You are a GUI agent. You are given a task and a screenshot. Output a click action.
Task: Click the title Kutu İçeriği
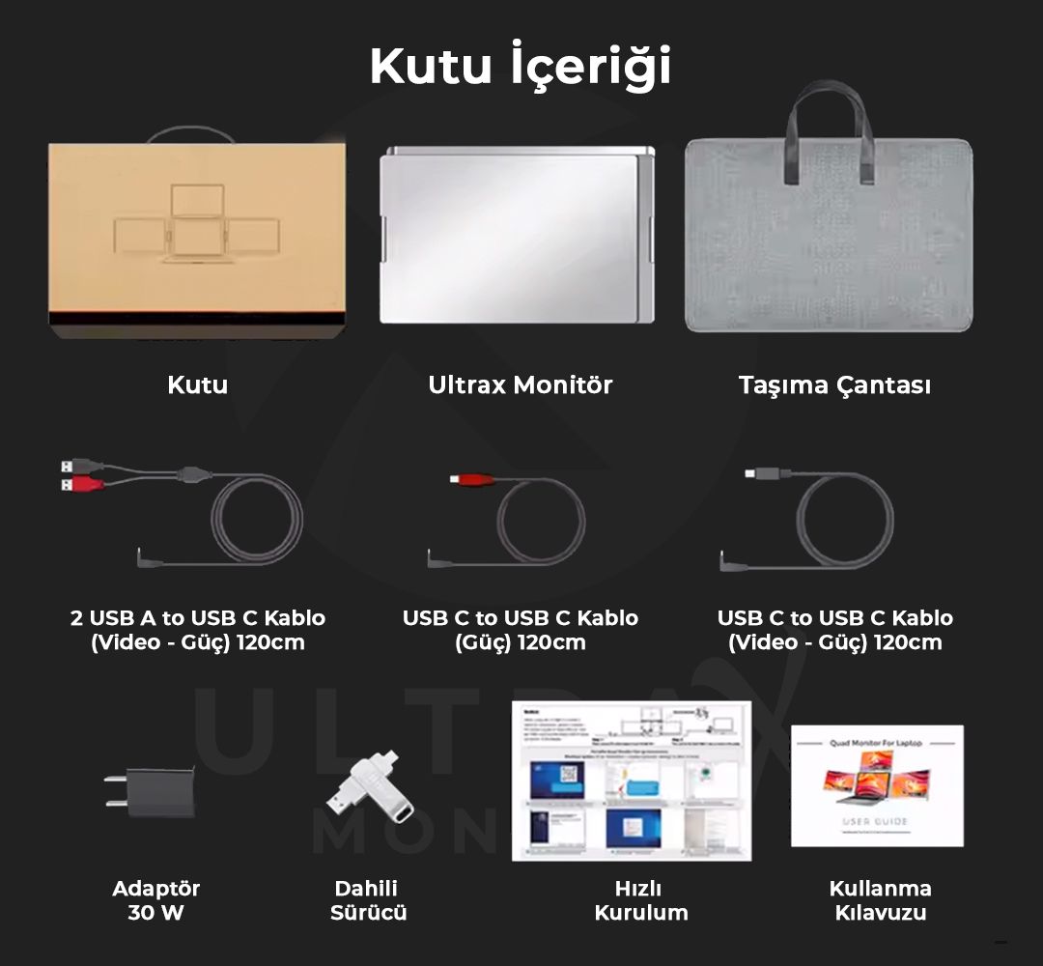tap(521, 66)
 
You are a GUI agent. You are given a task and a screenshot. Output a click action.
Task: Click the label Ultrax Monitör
tap(521, 384)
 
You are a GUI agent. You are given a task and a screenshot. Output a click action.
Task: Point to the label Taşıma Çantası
tap(834, 384)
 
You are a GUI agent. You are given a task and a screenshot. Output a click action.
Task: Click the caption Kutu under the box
tap(197, 384)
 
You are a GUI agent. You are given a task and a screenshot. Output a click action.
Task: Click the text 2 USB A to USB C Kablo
tap(197, 618)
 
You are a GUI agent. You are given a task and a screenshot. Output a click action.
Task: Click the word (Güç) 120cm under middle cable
tap(521, 642)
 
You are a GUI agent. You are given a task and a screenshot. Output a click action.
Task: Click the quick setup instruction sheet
tap(631, 781)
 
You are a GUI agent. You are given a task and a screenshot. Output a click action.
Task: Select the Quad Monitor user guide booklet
tap(876, 785)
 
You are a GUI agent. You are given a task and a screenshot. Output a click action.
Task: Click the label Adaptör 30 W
tap(155, 900)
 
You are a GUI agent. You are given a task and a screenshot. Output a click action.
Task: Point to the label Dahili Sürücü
tap(367, 900)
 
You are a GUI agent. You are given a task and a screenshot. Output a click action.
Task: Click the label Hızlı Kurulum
tap(640, 900)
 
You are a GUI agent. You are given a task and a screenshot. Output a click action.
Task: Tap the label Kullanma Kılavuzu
tap(880, 900)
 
